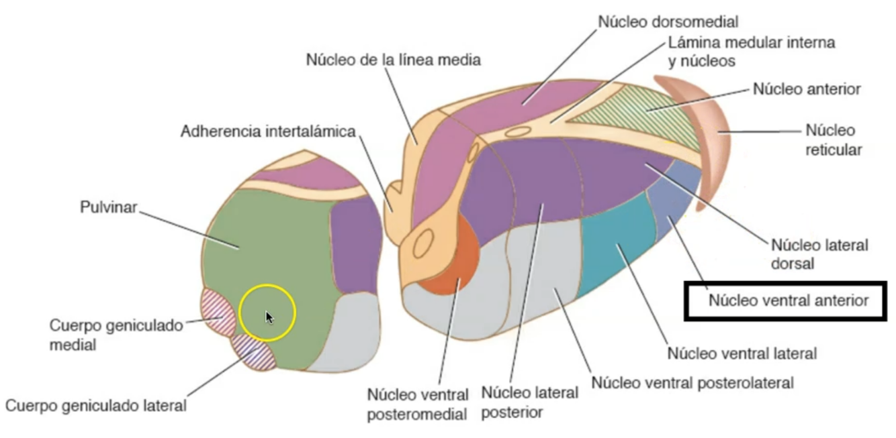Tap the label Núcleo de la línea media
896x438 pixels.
(394, 60)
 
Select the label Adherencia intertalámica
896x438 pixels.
(267, 131)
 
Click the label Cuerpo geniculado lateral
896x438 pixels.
(96, 405)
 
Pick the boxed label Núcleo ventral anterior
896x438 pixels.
(788, 300)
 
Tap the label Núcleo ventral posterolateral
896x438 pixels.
(692, 383)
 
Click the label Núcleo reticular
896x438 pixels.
(833, 140)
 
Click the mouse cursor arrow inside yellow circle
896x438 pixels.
(269, 317)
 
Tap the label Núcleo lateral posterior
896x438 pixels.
(529, 400)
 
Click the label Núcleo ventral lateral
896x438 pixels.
(742, 353)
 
